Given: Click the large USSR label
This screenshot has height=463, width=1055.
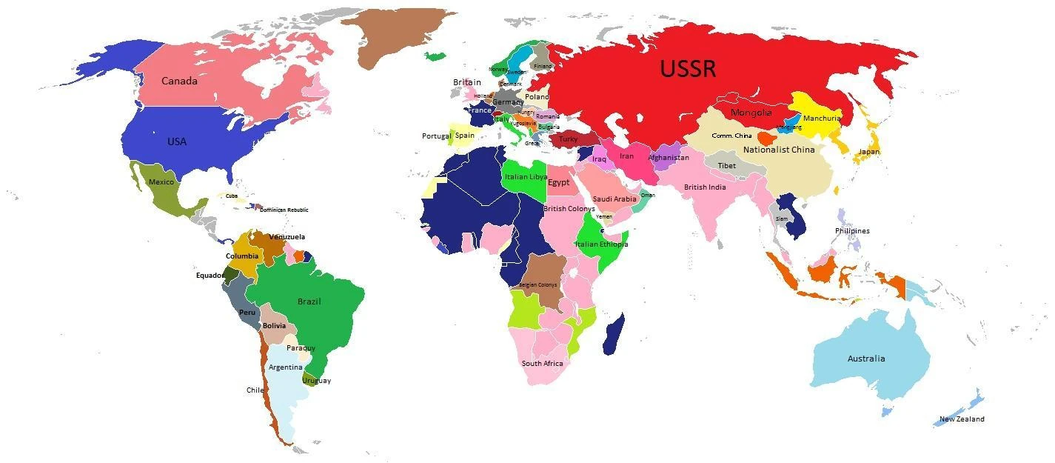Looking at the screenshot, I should coord(688,69).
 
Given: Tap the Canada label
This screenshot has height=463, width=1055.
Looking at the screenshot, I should coord(179,81).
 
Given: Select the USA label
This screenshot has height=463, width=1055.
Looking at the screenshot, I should coord(177,141).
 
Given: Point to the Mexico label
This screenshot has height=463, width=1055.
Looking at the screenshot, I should coord(161,182).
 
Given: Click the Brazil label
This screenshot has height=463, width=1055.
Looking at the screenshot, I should coord(309,302).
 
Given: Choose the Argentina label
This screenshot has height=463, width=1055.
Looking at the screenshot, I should coord(285,367).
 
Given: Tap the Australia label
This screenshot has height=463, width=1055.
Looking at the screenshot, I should coord(866,359).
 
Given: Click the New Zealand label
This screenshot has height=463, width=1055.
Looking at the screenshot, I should coord(962,419).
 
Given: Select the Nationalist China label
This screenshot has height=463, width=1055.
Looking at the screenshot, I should coord(779,150).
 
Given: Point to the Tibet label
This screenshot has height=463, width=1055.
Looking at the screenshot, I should coord(727,166).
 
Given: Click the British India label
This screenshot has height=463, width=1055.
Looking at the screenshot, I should coord(705,187).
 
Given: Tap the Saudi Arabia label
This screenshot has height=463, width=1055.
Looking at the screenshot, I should coord(614,199).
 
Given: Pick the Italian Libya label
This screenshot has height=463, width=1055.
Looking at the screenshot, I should coord(526,177).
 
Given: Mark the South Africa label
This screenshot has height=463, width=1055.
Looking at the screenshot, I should coord(542,363).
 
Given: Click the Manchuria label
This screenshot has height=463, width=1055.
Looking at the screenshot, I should coord(822,119).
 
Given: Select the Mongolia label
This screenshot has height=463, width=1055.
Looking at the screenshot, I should coord(751,113).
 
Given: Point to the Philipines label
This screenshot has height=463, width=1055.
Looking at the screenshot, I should coord(852,230).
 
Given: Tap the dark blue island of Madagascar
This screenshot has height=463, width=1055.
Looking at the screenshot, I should coord(613,335).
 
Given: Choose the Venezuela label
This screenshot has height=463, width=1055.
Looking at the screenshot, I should coord(287,237).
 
